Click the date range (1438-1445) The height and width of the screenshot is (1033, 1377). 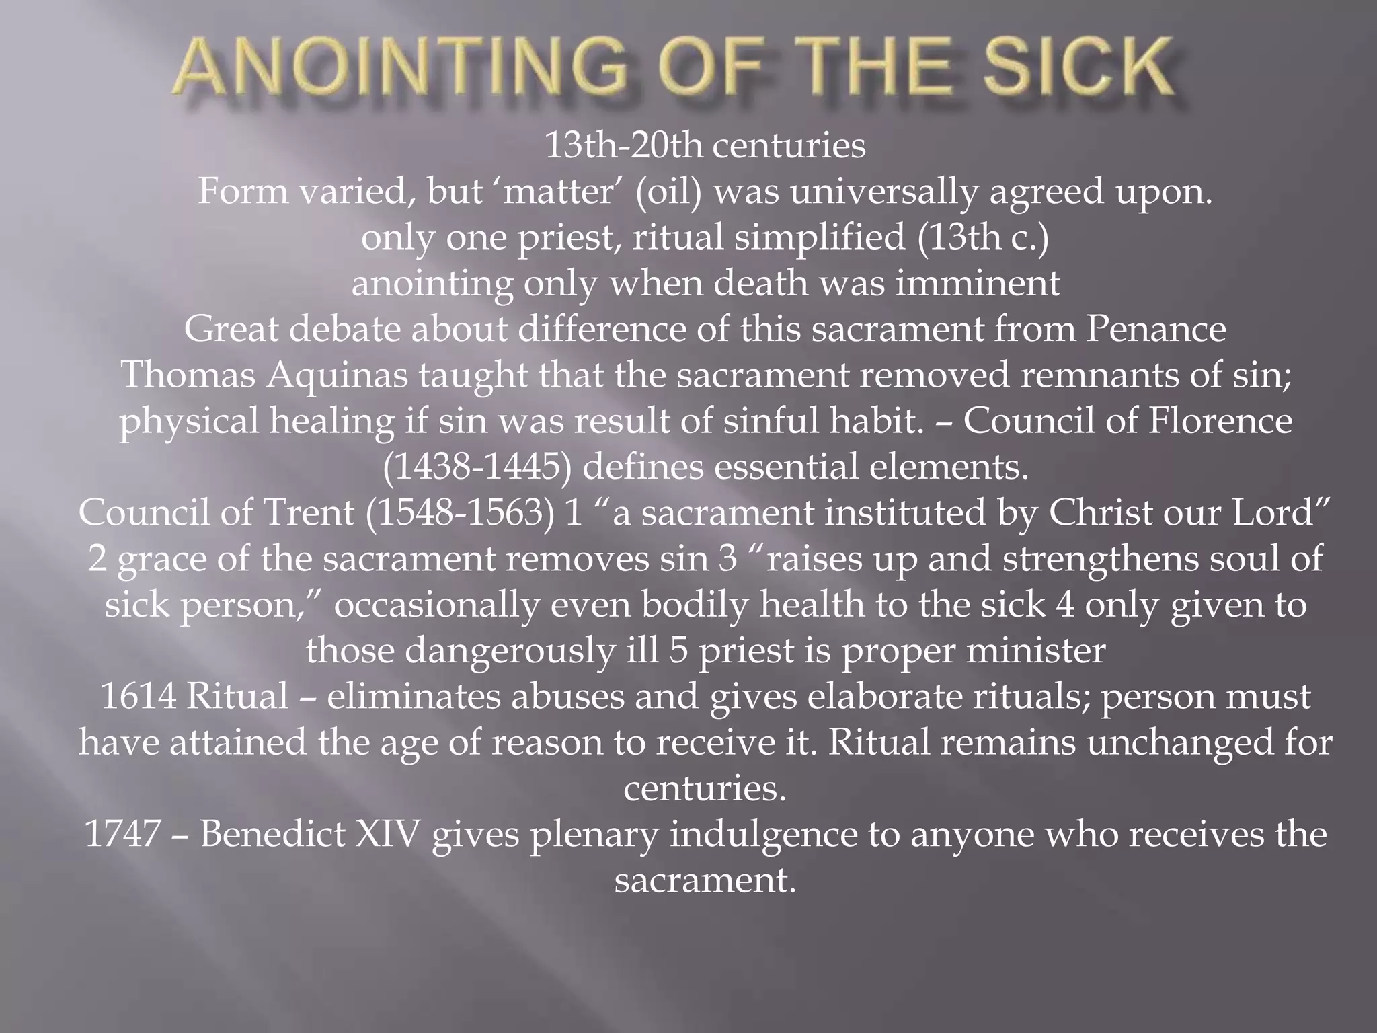[x=477, y=467]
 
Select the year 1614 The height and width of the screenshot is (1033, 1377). [x=137, y=696]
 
